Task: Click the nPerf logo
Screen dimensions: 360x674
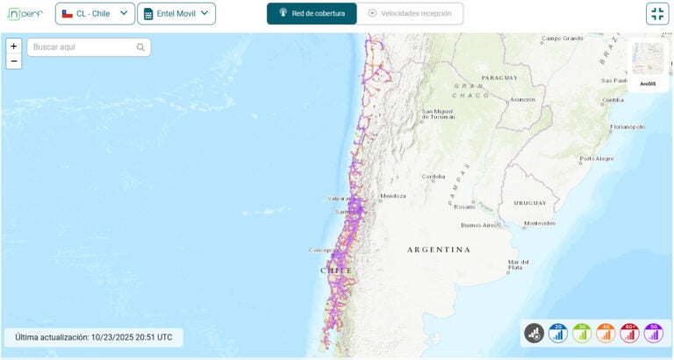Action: pos(25,14)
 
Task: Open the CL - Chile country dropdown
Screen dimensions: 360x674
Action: pos(95,14)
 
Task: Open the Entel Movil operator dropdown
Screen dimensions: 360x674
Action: pos(176,14)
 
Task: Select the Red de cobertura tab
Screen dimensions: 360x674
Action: pos(312,14)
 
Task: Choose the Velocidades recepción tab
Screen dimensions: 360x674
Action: pos(410,14)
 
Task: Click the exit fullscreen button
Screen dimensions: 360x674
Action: pos(657,14)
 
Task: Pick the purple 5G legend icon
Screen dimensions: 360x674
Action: pos(653,333)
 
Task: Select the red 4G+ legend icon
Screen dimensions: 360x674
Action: pos(629,333)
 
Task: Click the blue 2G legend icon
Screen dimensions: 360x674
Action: pos(557,333)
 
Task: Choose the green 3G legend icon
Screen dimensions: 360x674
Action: pos(581,333)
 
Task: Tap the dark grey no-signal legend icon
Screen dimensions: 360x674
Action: pos(534,333)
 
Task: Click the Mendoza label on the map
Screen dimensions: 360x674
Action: pos(393,196)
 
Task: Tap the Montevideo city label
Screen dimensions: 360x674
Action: pos(539,223)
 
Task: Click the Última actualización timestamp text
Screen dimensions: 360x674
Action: pos(94,337)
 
